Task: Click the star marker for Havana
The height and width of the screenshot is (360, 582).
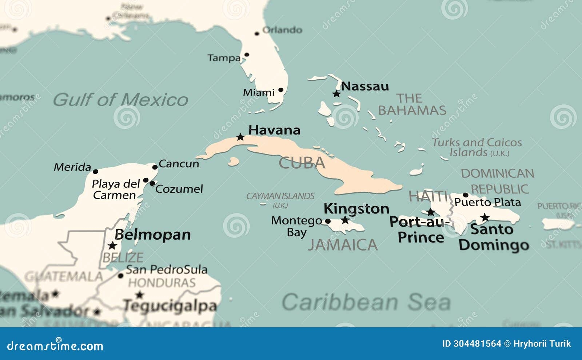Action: tap(240, 137)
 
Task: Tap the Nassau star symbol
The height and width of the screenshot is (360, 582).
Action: tap(336, 94)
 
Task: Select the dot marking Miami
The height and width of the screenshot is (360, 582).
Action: tap(281, 90)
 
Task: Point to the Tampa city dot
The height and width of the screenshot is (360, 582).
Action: tap(247, 55)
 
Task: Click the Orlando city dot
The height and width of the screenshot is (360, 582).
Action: tap(257, 33)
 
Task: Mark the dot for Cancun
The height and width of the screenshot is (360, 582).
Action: tap(155, 167)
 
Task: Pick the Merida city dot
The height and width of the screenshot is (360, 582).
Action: tap(95, 172)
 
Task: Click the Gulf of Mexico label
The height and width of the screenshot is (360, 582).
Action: tap(121, 100)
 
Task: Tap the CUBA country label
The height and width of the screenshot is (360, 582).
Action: tap(302, 163)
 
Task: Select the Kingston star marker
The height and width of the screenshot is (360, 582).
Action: tap(345, 220)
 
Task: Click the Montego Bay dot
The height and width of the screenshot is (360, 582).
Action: tap(328, 221)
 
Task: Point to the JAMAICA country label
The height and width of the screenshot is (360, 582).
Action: tap(343, 245)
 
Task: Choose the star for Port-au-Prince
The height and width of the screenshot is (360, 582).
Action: tap(431, 212)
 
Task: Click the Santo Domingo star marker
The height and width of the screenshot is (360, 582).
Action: tap(485, 217)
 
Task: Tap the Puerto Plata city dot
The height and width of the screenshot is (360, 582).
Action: tap(465, 195)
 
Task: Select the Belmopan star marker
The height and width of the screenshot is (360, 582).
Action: tap(112, 245)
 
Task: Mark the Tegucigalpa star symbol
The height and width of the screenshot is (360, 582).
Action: tap(139, 295)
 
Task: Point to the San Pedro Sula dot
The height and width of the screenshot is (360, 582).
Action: tap(121, 276)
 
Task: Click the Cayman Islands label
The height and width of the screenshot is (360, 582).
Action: tap(280, 196)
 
